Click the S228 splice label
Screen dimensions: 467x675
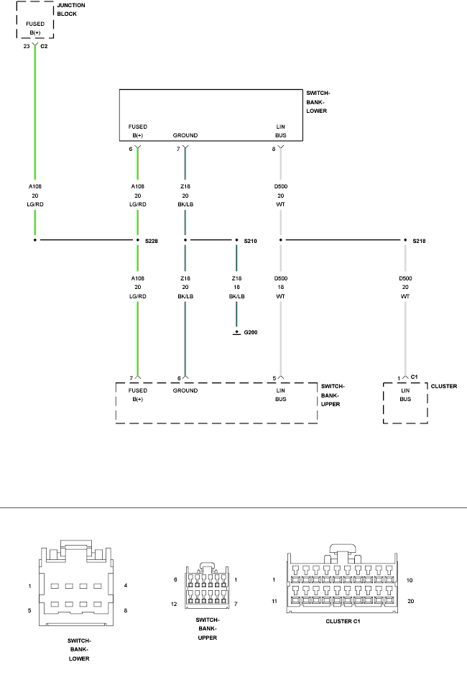click(152, 241)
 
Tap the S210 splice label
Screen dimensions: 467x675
click(251, 241)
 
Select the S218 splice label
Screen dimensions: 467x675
click(419, 241)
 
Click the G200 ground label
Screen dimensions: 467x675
click(251, 332)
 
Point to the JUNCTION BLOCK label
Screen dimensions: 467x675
click(71, 9)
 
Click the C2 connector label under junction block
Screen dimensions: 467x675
click(44, 46)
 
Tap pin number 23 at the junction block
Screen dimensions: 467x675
click(27, 46)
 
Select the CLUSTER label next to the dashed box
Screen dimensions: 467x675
click(444, 386)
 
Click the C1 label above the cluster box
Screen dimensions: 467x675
click(414, 377)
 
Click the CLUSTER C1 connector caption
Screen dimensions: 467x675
click(343, 621)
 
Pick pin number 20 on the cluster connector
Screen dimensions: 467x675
click(411, 601)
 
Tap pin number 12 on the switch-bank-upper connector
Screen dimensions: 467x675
click(174, 604)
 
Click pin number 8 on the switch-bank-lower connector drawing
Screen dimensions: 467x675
click(126, 610)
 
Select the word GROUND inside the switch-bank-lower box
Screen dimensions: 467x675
click(185, 135)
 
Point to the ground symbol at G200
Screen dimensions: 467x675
click(236, 333)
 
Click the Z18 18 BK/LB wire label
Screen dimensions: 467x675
click(236, 287)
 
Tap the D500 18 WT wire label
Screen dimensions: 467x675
click(281, 287)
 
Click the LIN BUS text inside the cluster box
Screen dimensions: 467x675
click(405, 395)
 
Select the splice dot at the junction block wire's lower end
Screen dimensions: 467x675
click(35, 240)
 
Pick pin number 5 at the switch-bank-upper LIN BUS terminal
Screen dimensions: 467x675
click(274, 378)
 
